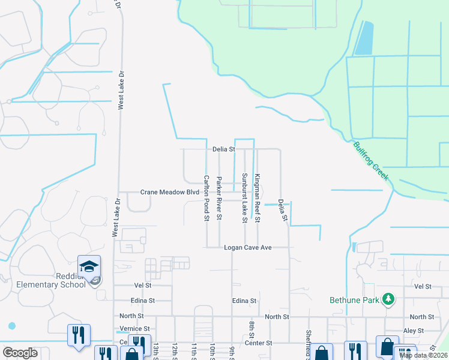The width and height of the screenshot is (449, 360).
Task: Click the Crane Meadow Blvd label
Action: [169, 193]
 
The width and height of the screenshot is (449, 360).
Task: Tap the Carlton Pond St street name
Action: [206, 198]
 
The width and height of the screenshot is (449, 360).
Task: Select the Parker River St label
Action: [219, 198]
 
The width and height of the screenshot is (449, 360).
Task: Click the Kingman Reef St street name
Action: [257, 198]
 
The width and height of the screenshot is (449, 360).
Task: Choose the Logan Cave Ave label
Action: [249, 247]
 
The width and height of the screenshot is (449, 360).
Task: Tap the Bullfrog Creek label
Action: [371, 161]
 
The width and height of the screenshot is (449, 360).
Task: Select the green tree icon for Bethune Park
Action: [388, 299]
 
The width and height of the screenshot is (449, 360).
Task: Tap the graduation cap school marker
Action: [89, 266]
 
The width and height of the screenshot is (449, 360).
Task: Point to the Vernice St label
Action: [134, 329]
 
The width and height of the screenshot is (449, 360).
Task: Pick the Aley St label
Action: [414, 331]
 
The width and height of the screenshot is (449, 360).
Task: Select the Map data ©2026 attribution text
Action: [423, 355]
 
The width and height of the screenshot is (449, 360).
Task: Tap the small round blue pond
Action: [11, 326]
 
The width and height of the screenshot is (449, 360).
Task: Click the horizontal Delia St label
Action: [223, 149]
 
